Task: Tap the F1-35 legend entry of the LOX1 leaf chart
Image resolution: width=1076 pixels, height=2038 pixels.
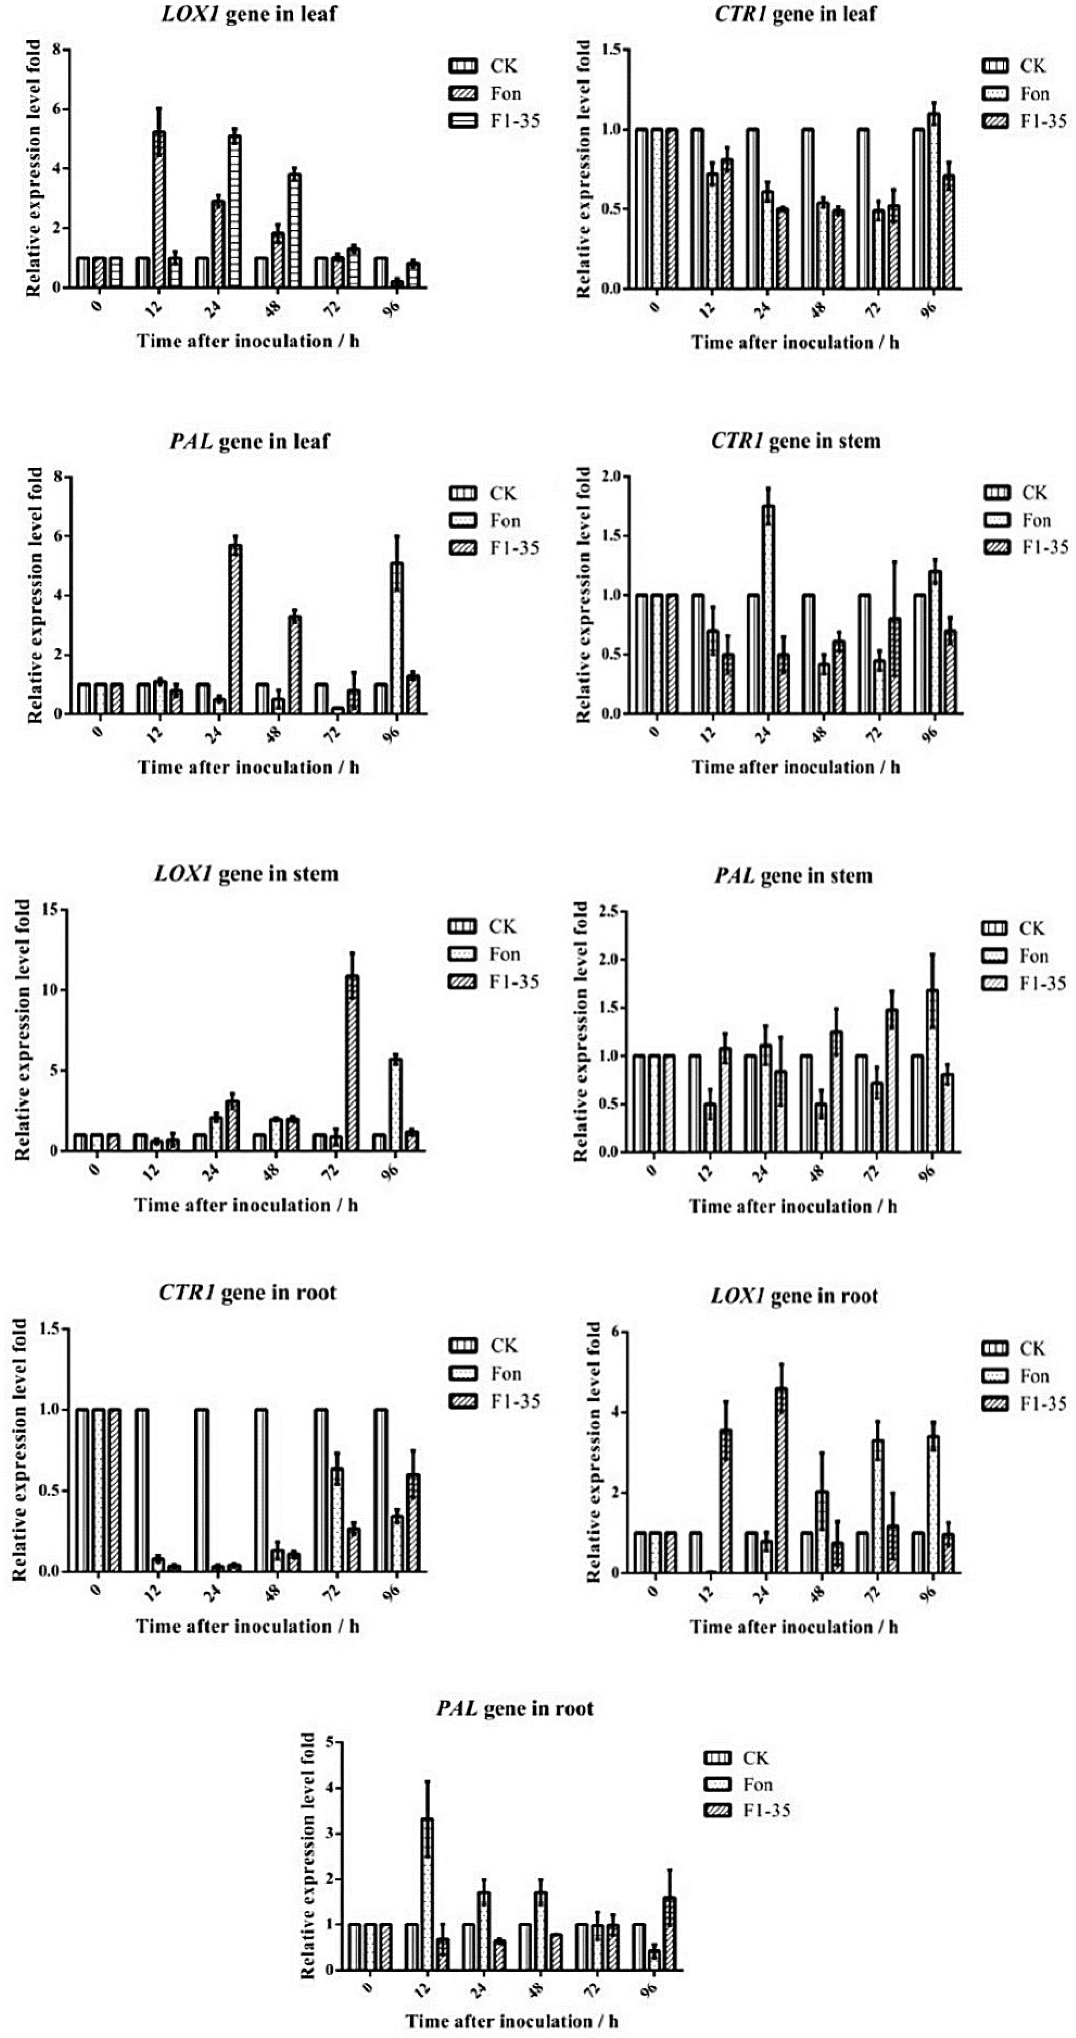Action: coord(495,121)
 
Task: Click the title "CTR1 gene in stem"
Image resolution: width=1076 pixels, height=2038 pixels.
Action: coord(795,441)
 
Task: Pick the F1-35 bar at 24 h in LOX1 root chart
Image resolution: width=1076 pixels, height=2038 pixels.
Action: coord(781,1480)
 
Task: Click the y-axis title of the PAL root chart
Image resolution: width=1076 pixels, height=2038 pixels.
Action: coord(308,1855)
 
